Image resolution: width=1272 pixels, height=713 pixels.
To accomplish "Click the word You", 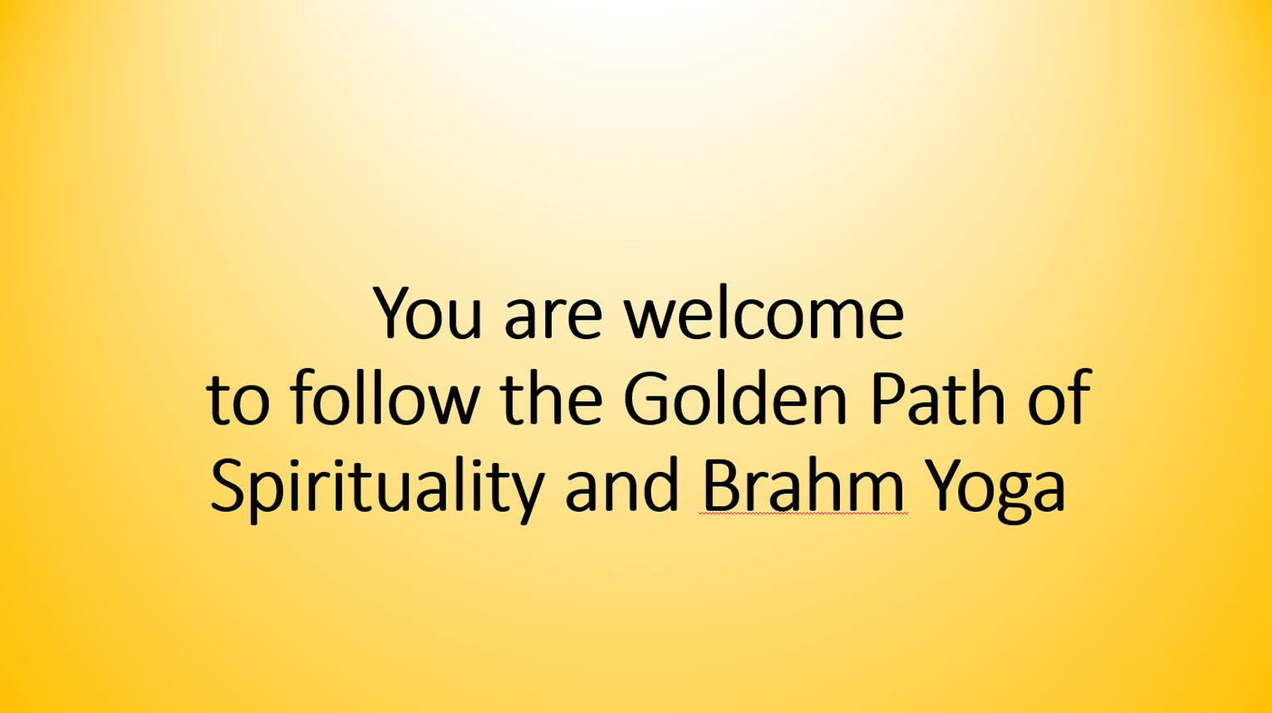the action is coord(427,312).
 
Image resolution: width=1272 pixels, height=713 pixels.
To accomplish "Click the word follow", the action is coord(385,396).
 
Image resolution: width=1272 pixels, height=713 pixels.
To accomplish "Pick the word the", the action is coord(552,396).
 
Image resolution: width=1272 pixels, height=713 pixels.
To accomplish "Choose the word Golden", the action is coord(735,396).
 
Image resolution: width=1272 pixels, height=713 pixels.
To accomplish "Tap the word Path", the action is coord(937,396).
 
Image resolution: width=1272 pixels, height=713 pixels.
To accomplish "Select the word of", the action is coord(1059,396).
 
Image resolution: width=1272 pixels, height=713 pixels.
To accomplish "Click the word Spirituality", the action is coord(378,489).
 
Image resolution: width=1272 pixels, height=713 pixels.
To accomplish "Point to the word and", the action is coord(621,484).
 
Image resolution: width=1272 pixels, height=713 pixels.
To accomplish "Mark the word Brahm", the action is coord(803,484).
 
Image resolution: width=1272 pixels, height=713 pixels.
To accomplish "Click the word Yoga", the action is coord(995,490).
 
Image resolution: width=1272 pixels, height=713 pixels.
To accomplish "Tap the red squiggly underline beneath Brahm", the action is coord(803,514).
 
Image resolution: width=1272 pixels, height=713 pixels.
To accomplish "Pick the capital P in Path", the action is coord(888,399).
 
